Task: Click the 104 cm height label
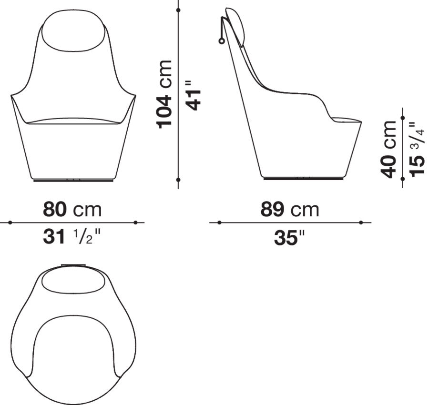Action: pos(165,94)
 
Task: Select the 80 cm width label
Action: pos(72,209)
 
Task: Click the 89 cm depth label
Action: pos(290,209)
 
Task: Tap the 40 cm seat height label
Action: pos(389,148)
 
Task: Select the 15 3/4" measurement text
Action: pos(417,148)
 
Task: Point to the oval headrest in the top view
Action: pos(73,283)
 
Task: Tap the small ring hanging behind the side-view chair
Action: pos(221,41)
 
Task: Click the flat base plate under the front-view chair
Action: pos(73,180)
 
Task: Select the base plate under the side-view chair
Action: pos(304,179)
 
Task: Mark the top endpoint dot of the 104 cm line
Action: pos(178,9)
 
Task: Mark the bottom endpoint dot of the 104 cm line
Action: pos(178,180)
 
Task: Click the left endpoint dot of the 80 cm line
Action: pos(10,223)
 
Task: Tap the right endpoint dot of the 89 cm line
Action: pos(361,223)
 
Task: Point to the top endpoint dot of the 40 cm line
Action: pos(403,117)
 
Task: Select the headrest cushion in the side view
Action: pos(235,26)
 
